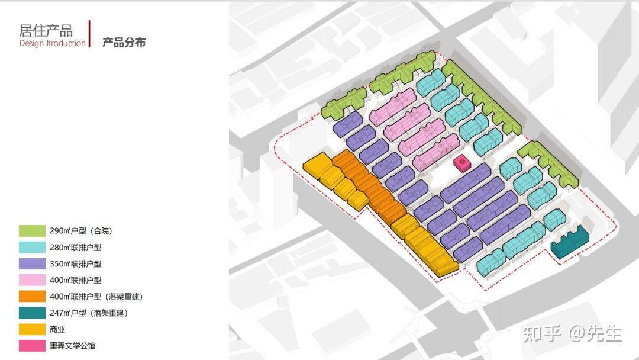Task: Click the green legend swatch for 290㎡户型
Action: click(32, 231)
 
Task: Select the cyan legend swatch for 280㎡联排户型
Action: click(32, 247)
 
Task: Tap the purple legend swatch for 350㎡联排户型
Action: click(32, 263)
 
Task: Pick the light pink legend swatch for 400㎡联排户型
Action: click(32, 280)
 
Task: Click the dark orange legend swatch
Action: click(32, 297)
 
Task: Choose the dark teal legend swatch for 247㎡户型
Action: click(32, 313)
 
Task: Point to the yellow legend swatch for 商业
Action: click(32, 329)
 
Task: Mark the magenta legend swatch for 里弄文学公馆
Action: click(32, 346)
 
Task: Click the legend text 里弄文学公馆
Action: click(73, 346)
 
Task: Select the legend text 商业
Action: click(57, 329)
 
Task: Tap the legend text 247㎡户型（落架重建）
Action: click(89, 313)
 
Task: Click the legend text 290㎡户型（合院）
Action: click(81, 231)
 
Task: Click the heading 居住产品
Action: click(46, 31)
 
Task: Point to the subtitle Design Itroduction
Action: click(53, 43)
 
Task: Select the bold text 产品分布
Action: click(124, 43)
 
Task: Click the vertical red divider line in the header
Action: click(89, 34)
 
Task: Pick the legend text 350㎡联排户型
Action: click(76, 263)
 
